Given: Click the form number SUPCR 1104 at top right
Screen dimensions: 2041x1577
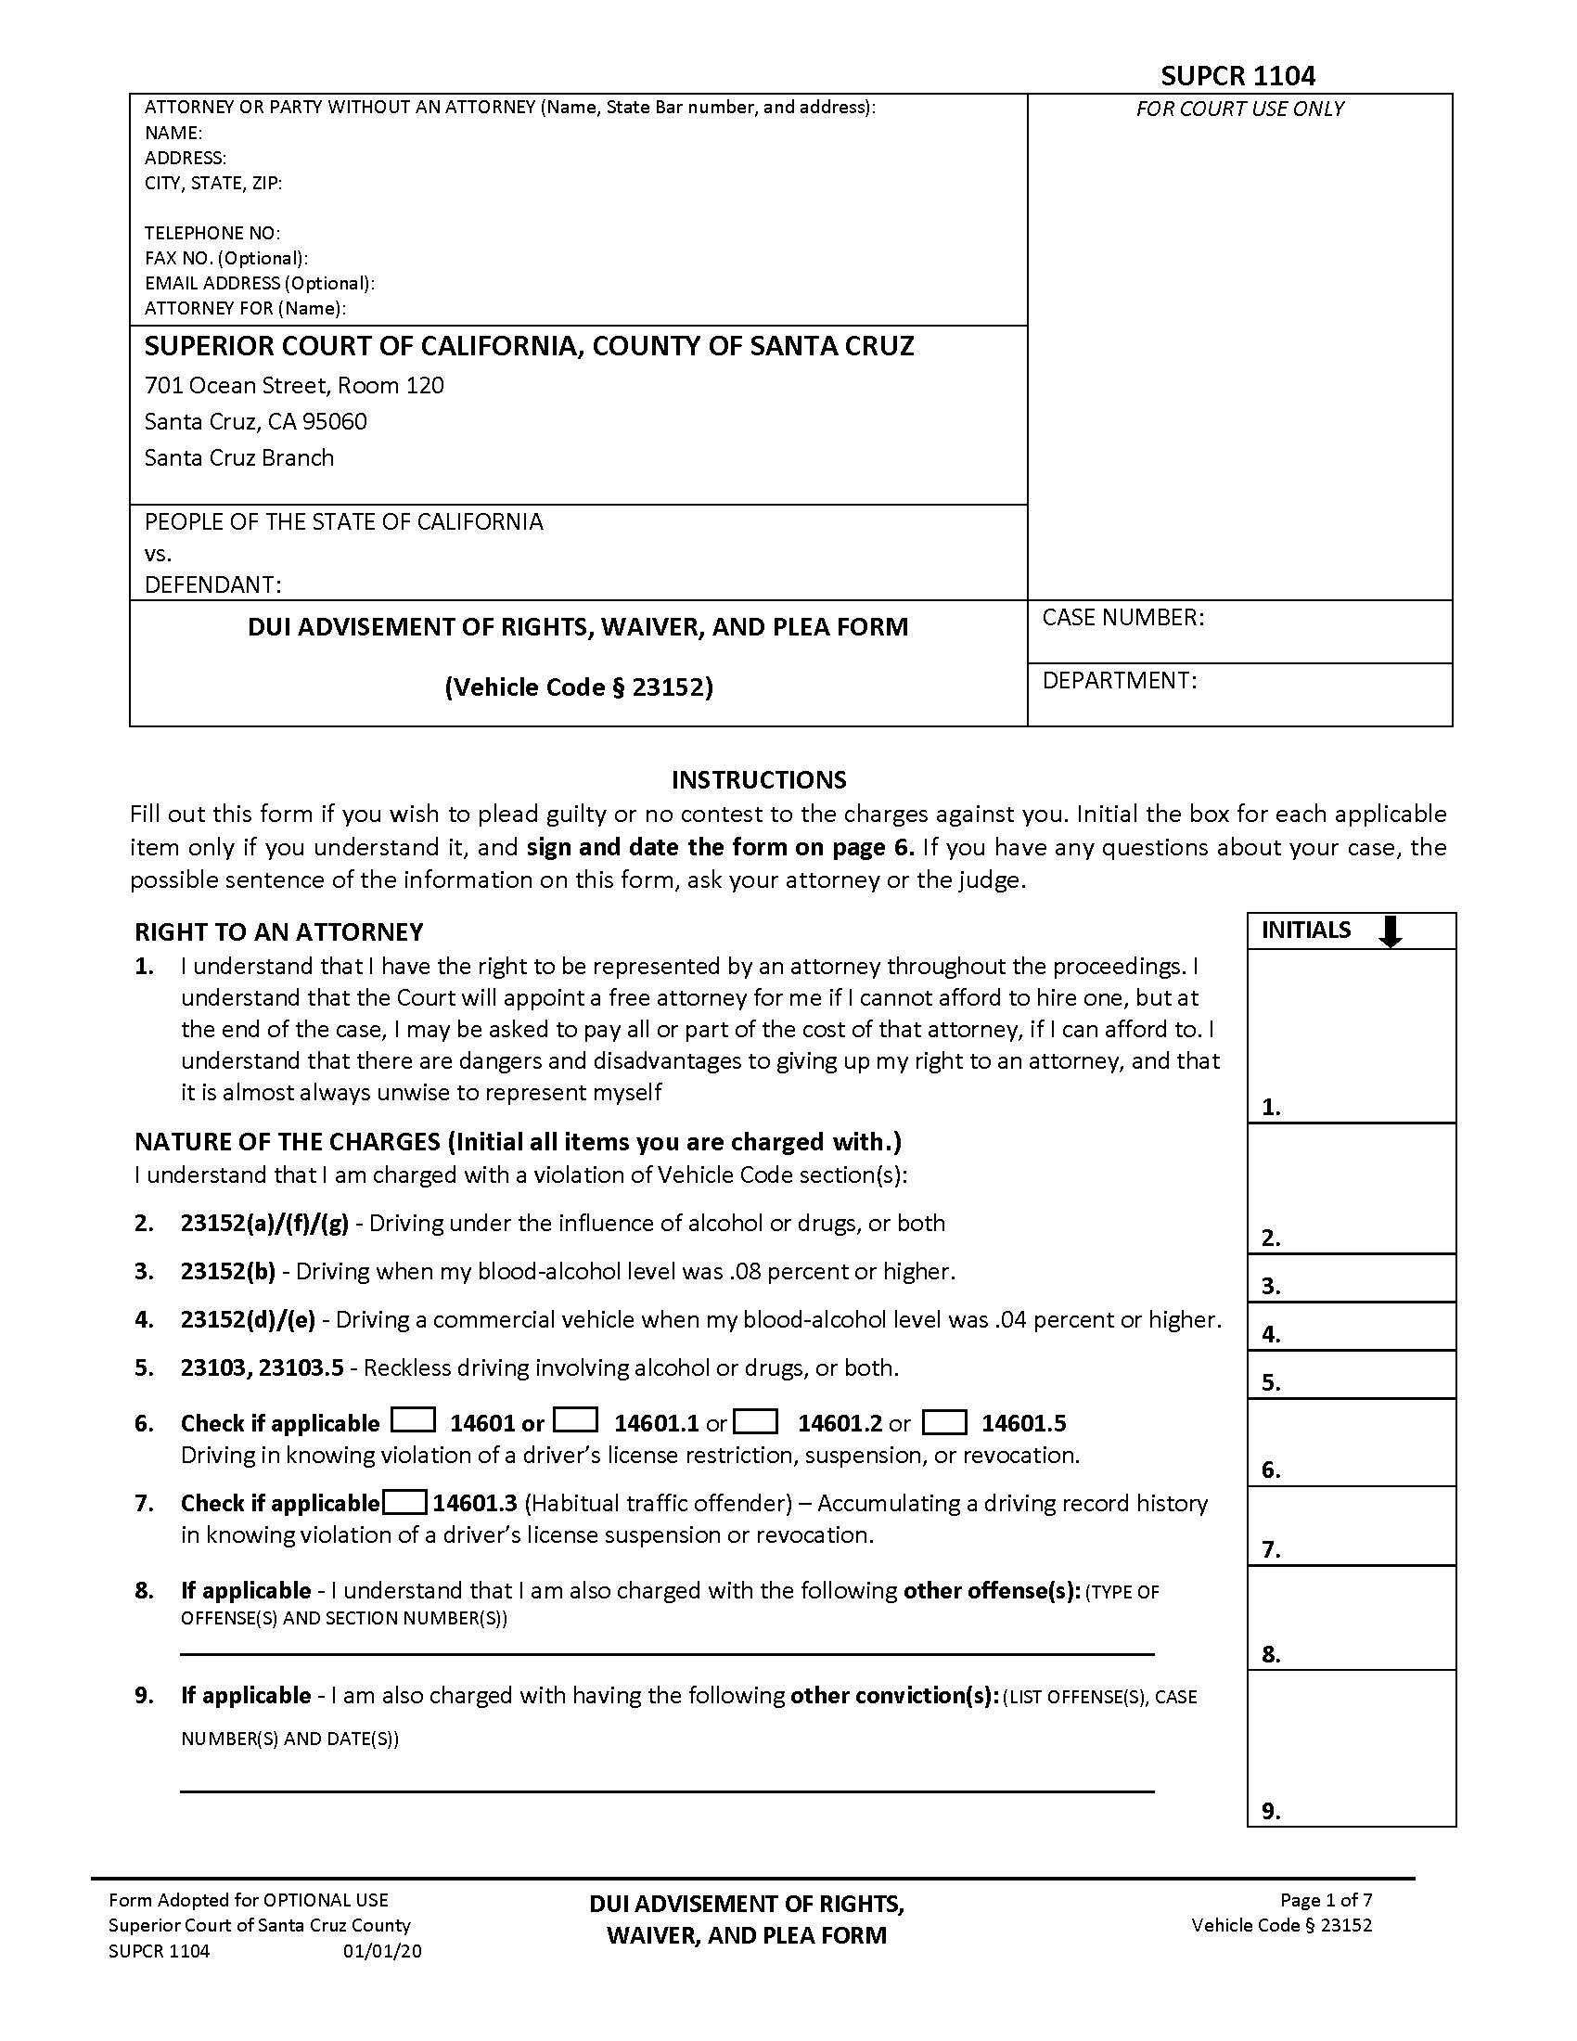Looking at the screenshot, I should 1237,75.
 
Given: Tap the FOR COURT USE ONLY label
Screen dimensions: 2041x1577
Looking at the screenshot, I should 1238,109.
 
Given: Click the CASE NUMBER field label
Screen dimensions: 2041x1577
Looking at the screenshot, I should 1123,617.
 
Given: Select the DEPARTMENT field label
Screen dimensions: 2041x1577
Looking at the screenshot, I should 1120,680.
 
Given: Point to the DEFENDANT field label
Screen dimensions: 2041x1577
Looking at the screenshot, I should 213,585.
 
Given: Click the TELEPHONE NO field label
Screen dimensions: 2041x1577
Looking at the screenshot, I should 212,233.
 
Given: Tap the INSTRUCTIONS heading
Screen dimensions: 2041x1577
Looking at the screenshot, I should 759,779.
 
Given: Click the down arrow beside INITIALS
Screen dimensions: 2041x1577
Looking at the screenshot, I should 1391,931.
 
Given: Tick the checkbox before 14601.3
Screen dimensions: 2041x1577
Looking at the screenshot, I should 404,1503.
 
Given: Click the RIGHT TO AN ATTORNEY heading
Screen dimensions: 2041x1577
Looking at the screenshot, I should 278,931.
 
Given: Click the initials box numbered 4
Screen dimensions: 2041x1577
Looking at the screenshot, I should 1351,1325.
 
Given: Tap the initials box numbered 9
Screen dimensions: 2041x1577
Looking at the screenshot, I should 1351,1747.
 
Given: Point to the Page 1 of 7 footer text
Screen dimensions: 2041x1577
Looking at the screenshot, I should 1326,1899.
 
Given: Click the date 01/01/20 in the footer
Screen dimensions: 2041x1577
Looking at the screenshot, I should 382,1950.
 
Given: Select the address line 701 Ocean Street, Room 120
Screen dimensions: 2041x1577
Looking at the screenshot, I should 294,385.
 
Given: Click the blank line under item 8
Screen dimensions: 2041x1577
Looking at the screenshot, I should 667,1653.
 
